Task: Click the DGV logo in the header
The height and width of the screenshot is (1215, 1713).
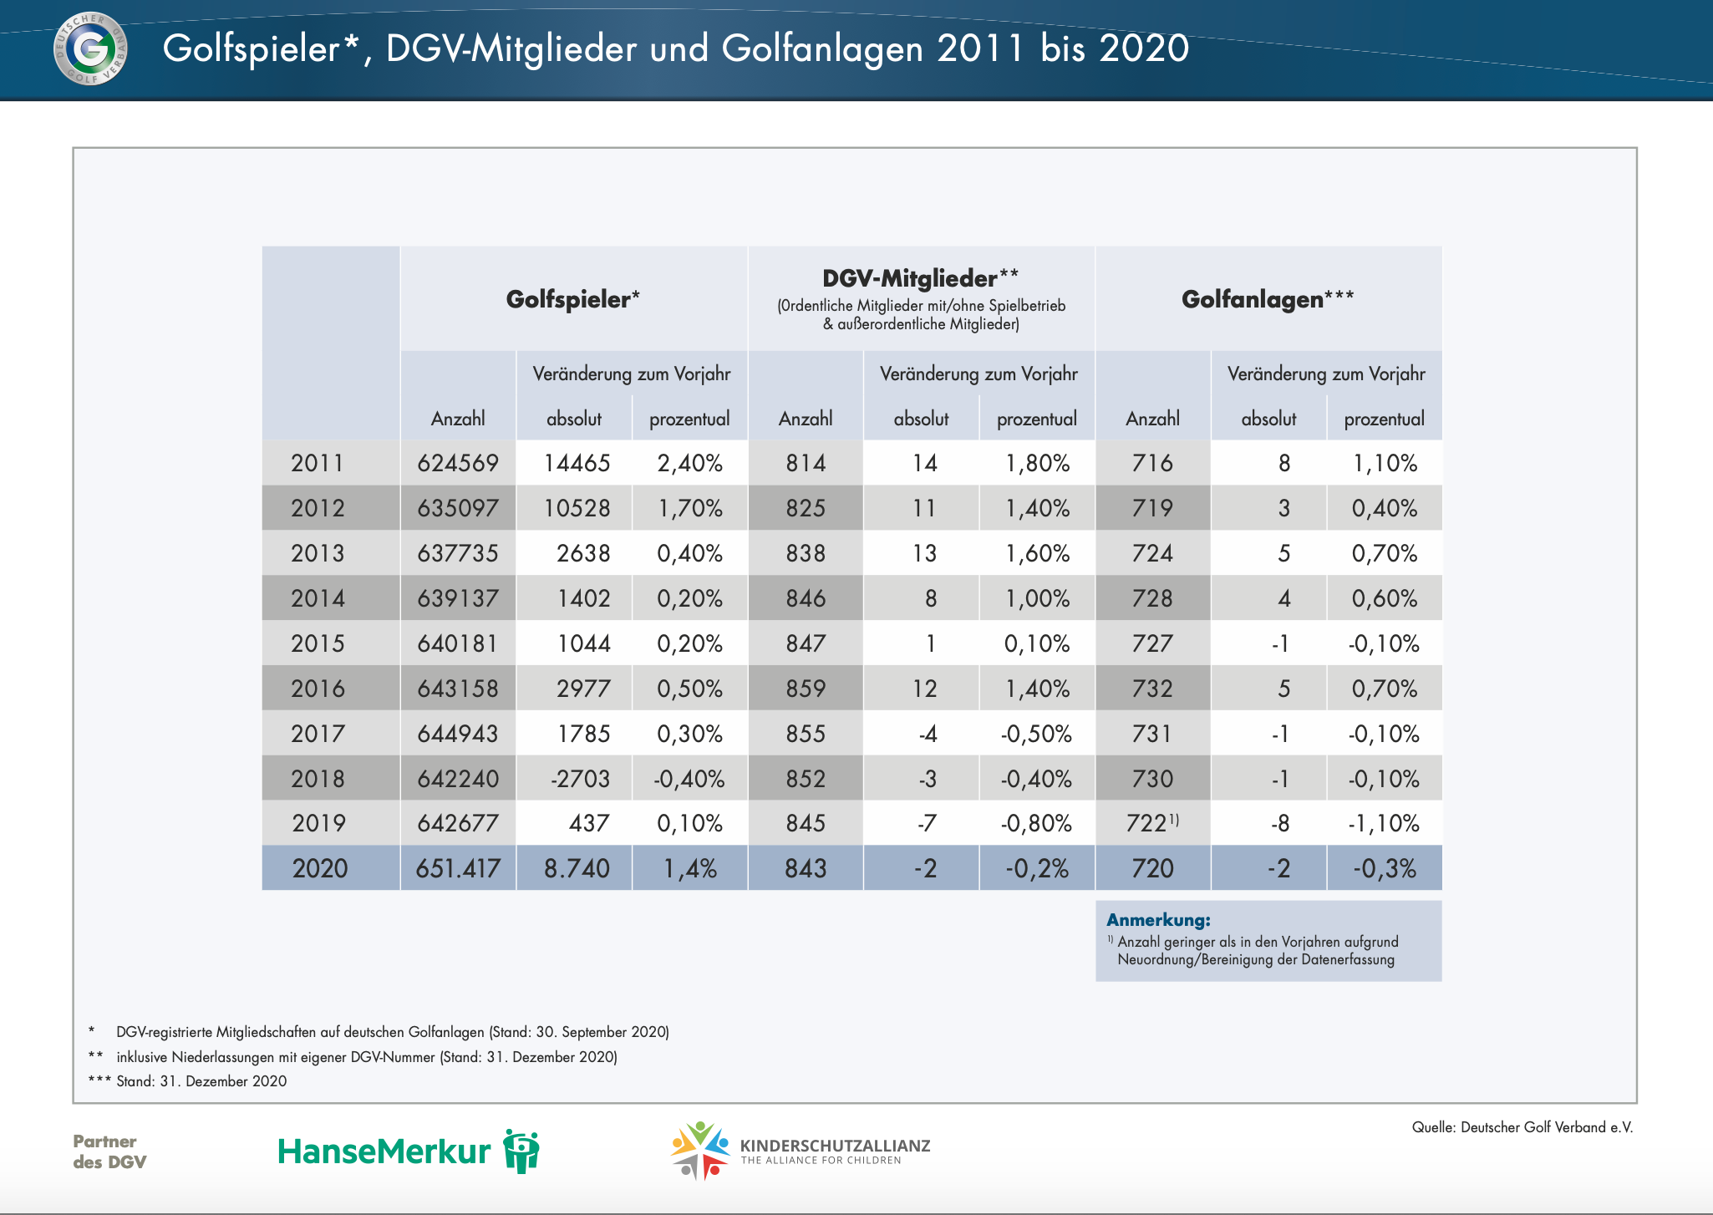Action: point(90,48)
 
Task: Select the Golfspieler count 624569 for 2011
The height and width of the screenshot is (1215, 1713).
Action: point(458,463)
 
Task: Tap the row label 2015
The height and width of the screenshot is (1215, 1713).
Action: point(318,643)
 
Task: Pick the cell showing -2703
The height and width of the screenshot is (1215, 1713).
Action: point(580,779)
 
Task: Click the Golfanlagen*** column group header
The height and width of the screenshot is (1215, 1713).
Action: point(1267,299)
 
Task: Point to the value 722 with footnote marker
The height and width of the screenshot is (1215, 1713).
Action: point(1151,823)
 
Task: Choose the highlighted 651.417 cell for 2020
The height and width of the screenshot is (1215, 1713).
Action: point(458,868)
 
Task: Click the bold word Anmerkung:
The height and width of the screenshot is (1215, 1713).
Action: point(1158,920)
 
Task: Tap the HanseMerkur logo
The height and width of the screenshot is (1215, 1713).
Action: point(408,1151)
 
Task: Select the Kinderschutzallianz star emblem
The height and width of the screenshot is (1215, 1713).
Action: point(699,1149)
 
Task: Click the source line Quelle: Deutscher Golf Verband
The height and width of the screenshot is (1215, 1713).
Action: point(1522,1127)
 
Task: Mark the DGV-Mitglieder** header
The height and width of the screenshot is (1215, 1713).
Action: point(920,278)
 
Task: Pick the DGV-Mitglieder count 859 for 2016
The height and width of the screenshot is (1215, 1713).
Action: point(806,689)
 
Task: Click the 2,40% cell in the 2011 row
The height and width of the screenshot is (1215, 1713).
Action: point(689,463)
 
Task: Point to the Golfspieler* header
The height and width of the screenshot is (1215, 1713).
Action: point(572,299)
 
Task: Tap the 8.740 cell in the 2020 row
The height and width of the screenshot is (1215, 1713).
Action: point(577,868)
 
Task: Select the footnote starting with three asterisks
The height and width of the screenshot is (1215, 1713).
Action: point(188,1081)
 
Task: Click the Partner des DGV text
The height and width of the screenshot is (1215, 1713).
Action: point(109,1151)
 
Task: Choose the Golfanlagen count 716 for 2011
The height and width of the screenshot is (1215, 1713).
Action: point(1152,463)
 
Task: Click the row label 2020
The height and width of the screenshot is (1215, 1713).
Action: point(319,868)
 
